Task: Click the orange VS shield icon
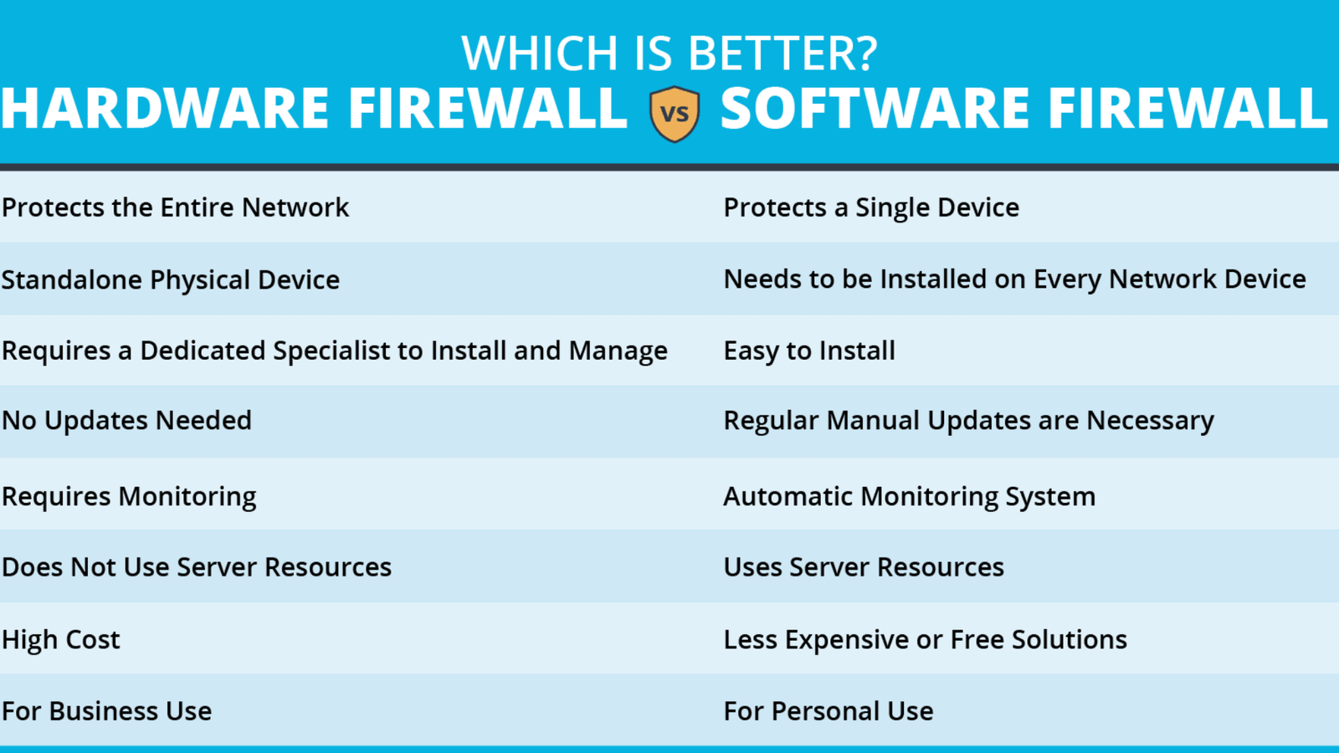(675, 114)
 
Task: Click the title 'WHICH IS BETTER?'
(669, 54)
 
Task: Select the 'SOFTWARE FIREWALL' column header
(1024, 108)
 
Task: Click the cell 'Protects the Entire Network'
(175, 207)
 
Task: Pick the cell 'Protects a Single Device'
(871, 208)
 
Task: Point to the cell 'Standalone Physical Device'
(171, 279)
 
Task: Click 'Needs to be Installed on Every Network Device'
(1014, 279)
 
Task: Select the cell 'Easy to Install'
(809, 351)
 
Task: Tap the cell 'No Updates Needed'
(126, 420)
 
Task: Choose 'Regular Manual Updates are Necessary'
(968, 421)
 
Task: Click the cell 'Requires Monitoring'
(129, 497)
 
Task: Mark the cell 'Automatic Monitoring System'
(909, 497)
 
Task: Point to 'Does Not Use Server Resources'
(197, 567)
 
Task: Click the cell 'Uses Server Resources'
(864, 567)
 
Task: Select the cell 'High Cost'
(61, 639)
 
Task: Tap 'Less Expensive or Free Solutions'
(926, 639)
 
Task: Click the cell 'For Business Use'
(106, 711)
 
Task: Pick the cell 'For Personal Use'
(829, 711)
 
